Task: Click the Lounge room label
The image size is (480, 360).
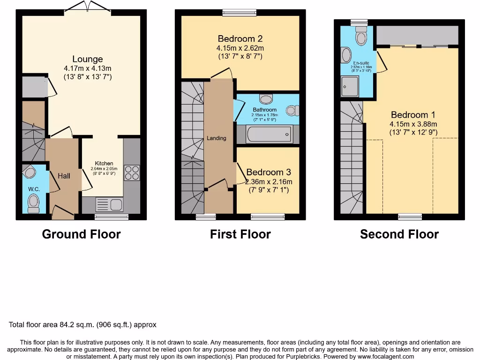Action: [87, 59]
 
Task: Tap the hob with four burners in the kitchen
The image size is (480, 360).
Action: [131, 173]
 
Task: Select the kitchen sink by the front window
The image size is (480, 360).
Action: [108, 204]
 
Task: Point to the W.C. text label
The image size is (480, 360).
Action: [34, 189]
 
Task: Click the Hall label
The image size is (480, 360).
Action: [64, 176]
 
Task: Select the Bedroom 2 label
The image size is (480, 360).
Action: [240, 39]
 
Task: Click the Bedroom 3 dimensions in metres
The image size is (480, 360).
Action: [269, 182]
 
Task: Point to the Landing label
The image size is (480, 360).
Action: [217, 138]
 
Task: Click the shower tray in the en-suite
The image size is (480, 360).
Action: [350, 86]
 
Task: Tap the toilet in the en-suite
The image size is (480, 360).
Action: [361, 36]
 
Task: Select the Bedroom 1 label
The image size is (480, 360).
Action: [410, 115]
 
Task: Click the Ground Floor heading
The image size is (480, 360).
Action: [82, 234]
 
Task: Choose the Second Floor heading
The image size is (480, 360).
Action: [399, 234]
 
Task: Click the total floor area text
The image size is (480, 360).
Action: [82, 324]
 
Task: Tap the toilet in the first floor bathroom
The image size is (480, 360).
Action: [266, 99]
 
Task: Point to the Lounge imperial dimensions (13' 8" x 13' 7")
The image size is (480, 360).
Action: [88, 77]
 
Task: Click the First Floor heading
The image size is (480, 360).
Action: [240, 234]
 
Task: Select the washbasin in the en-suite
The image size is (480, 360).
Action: [346, 56]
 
